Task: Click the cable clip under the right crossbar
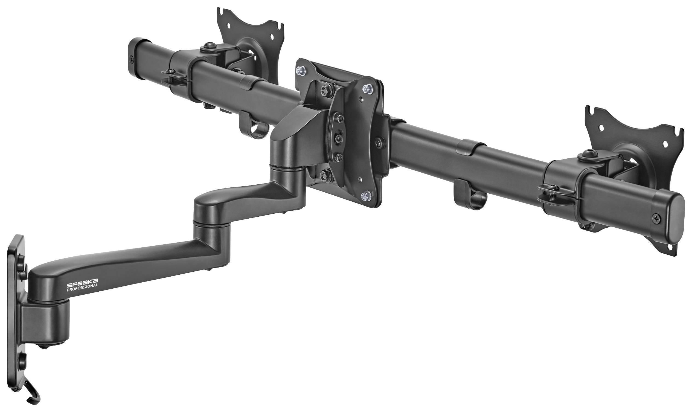470,196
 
